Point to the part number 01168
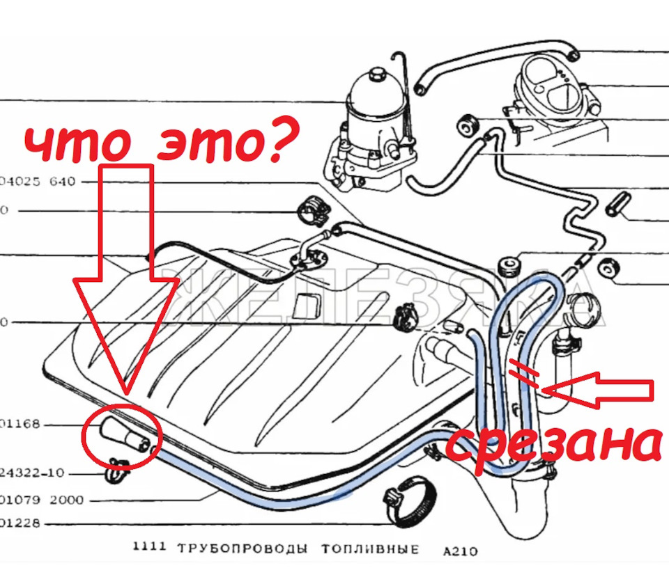[x=21, y=424]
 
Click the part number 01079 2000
[x=42, y=500]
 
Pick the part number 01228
[x=21, y=523]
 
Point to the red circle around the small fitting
[x=122, y=436]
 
